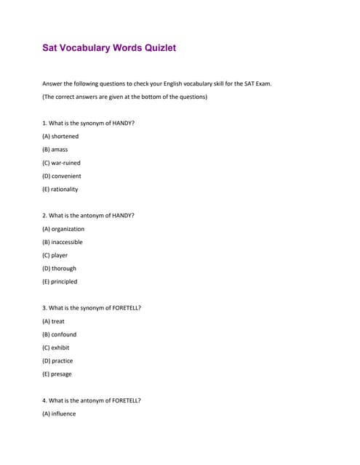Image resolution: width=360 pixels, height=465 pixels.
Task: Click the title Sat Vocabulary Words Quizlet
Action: [x=109, y=48]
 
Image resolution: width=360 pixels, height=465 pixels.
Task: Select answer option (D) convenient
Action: [x=62, y=176]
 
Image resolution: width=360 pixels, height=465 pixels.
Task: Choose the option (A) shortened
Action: [x=60, y=136]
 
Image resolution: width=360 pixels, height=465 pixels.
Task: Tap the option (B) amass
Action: [x=55, y=149]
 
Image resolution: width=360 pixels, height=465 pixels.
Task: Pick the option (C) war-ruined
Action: [x=61, y=163]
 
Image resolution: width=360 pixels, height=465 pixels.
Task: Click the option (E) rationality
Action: [x=60, y=189]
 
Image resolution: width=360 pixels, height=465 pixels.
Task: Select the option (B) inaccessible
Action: [x=63, y=242]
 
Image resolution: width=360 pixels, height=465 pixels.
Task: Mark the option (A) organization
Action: [x=63, y=229]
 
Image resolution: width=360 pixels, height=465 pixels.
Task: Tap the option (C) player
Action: [x=55, y=255]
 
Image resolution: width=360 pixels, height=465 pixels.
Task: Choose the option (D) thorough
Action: [x=59, y=268]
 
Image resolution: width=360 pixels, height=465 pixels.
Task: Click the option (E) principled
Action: [x=60, y=281]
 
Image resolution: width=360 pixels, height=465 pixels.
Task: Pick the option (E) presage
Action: [x=57, y=374]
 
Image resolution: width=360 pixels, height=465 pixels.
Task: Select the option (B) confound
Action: [x=59, y=334]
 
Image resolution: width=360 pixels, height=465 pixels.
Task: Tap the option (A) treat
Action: [x=54, y=321]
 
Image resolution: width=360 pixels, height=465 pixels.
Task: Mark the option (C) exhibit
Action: [x=56, y=347]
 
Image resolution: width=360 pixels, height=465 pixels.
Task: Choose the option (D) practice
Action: [x=57, y=360]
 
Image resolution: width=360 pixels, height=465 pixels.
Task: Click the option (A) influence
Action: [x=59, y=413]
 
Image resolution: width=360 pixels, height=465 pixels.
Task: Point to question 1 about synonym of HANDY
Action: [x=88, y=123]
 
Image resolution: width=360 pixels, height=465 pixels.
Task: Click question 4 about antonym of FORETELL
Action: [x=92, y=400]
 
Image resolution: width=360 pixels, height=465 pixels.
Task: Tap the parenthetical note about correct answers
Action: [x=124, y=97]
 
